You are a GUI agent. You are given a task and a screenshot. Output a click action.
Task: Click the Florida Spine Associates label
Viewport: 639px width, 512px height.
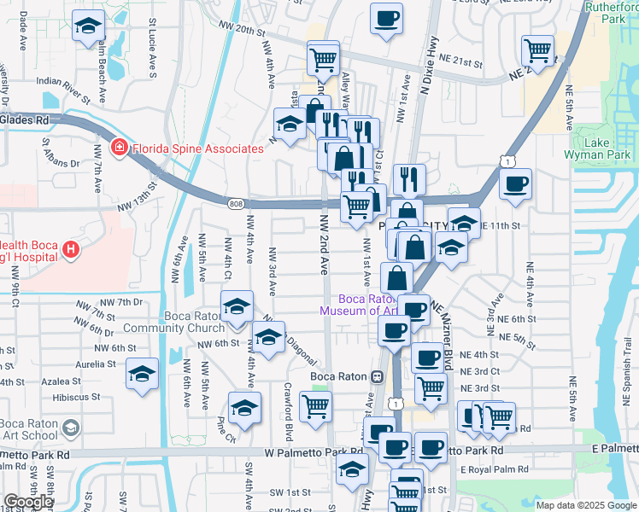coord(197,148)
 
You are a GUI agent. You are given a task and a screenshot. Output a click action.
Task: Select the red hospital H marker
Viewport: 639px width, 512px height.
coord(71,250)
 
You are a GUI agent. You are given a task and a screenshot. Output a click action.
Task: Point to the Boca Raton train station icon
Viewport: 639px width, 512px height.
coord(377,376)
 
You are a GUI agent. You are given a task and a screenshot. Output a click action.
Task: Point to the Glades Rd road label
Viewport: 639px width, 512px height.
coord(24,120)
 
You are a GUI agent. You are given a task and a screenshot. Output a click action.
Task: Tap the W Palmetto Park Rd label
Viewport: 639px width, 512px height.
coord(313,451)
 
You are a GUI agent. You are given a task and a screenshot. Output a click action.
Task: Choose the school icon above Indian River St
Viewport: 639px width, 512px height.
coord(87,26)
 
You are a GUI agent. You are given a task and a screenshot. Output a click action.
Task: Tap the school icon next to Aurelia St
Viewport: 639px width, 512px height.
coord(142,373)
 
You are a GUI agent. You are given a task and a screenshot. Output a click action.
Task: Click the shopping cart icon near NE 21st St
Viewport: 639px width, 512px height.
coord(538,50)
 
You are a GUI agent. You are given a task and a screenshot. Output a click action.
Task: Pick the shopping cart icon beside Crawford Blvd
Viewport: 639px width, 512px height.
coord(316,407)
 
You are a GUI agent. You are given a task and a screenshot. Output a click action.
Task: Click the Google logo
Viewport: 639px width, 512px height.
coord(28,502)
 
